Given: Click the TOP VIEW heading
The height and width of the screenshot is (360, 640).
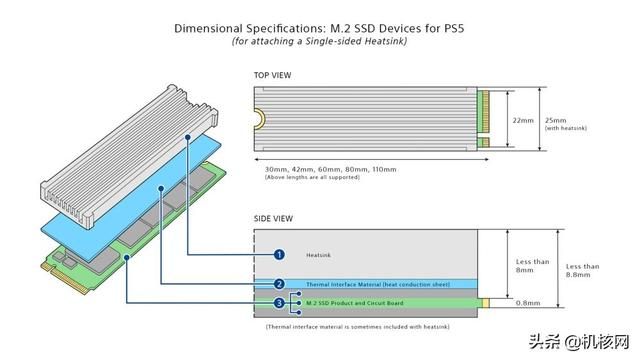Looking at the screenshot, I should (274, 76).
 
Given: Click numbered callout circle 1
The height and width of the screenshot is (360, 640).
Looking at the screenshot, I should (280, 255).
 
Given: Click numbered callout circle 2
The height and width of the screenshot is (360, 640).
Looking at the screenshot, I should (280, 284).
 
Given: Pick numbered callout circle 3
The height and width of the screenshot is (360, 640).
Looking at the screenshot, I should (280, 301).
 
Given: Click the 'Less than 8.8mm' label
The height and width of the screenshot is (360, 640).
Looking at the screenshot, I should (583, 271).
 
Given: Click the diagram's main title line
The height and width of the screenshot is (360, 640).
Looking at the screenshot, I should (320, 27).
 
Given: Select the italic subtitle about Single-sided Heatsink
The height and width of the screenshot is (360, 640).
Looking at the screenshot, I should (320, 42).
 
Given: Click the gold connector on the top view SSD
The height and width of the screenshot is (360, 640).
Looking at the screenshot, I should (487, 119).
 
